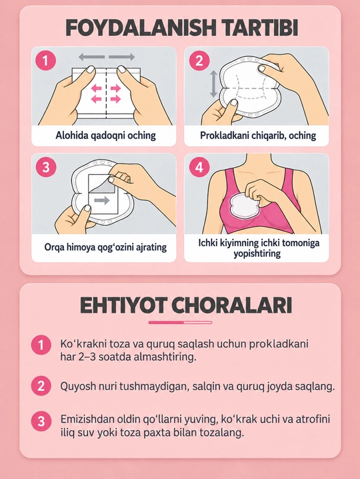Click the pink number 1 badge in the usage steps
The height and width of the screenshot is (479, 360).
point(46,61)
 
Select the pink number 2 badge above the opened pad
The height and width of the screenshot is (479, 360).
point(199,61)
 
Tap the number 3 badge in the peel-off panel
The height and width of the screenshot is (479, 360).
point(46,167)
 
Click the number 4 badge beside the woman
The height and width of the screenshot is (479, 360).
point(199,167)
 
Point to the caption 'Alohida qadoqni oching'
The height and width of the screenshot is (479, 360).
point(105,135)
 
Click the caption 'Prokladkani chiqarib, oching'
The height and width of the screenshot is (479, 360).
point(258,135)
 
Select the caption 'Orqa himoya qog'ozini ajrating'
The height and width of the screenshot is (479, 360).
point(105,247)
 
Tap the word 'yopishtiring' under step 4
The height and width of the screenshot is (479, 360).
point(257,253)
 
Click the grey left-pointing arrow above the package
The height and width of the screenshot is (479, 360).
point(91,57)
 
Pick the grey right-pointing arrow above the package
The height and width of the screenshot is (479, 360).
point(122,57)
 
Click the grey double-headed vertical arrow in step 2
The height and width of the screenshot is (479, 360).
point(214,84)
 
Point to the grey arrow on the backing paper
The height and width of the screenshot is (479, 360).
point(102,200)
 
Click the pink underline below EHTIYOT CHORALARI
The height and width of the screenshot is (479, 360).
point(180,322)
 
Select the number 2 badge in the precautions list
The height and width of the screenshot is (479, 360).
point(41,386)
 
